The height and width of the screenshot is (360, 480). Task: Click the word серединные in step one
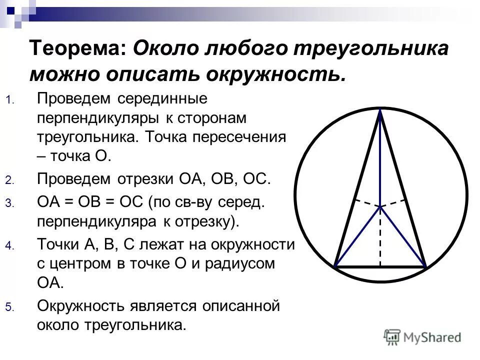pos(162,98)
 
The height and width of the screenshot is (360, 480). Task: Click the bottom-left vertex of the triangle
pos(335,266)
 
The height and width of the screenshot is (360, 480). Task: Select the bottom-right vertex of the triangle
pos(425,267)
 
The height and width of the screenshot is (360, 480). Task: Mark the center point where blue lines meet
pos(380,206)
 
